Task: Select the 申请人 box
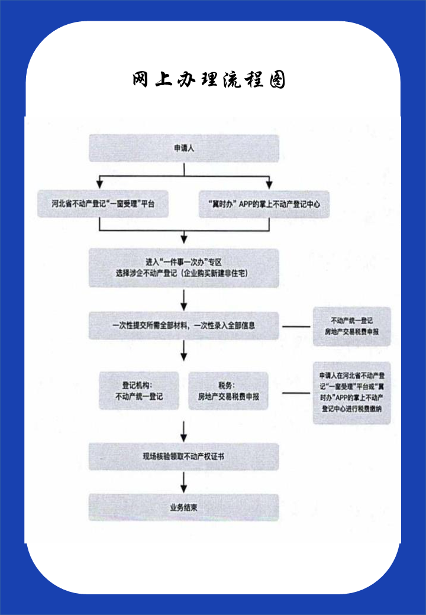pyautogui.click(x=183, y=148)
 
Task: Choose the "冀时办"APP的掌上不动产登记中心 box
pyautogui.click(x=264, y=204)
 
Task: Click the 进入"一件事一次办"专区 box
pyautogui.click(x=183, y=267)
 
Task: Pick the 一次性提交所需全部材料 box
pyautogui.click(x=183, y=325)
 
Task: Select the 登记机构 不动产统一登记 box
pyautogui.click(x=139, y=390)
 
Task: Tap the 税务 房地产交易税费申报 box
pyautogui.click(x=228, y=390)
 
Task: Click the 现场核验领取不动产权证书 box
pyautogui.click(x=183, y=456)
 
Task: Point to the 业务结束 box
pyautogui.click(x=183, y=507)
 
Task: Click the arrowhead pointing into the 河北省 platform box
pyautogui.click(x=100, y=184)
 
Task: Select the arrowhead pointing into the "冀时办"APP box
pyautogui.click(x=269, y=184)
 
